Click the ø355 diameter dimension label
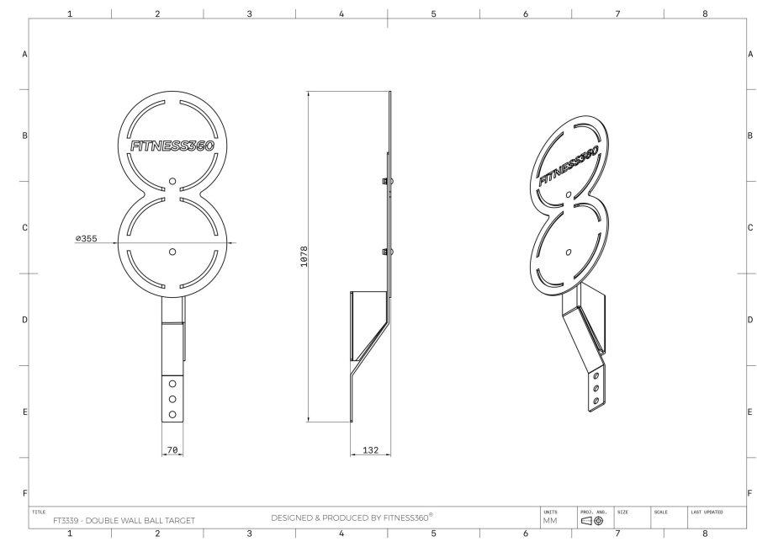(x=86, y=239)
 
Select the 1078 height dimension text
(x=304, y=257)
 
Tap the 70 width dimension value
(x=172, y=451)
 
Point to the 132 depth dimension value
(x=369, y=451)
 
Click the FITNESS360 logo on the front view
(x=172, y=146)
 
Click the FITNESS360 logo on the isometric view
(x=569, y=165)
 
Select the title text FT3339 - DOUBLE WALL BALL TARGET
(x=124, y=520)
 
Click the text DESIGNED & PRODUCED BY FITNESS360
(x=352, y=517)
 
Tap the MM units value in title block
(x=550, y=521)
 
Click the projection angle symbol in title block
(x=592, y=521)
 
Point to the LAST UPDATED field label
(x=707, y=511)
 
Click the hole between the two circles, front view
(x=172, y=180)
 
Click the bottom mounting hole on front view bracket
(x=172, y=414)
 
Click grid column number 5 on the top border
(x=433, y=13)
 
